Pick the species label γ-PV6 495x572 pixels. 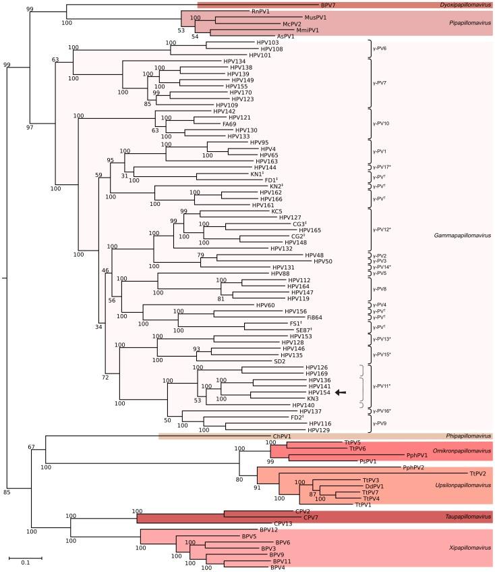click(x=380, y=49)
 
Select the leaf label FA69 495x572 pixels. click(x=241, y=124)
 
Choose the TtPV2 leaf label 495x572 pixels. click(x=477, y=473)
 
